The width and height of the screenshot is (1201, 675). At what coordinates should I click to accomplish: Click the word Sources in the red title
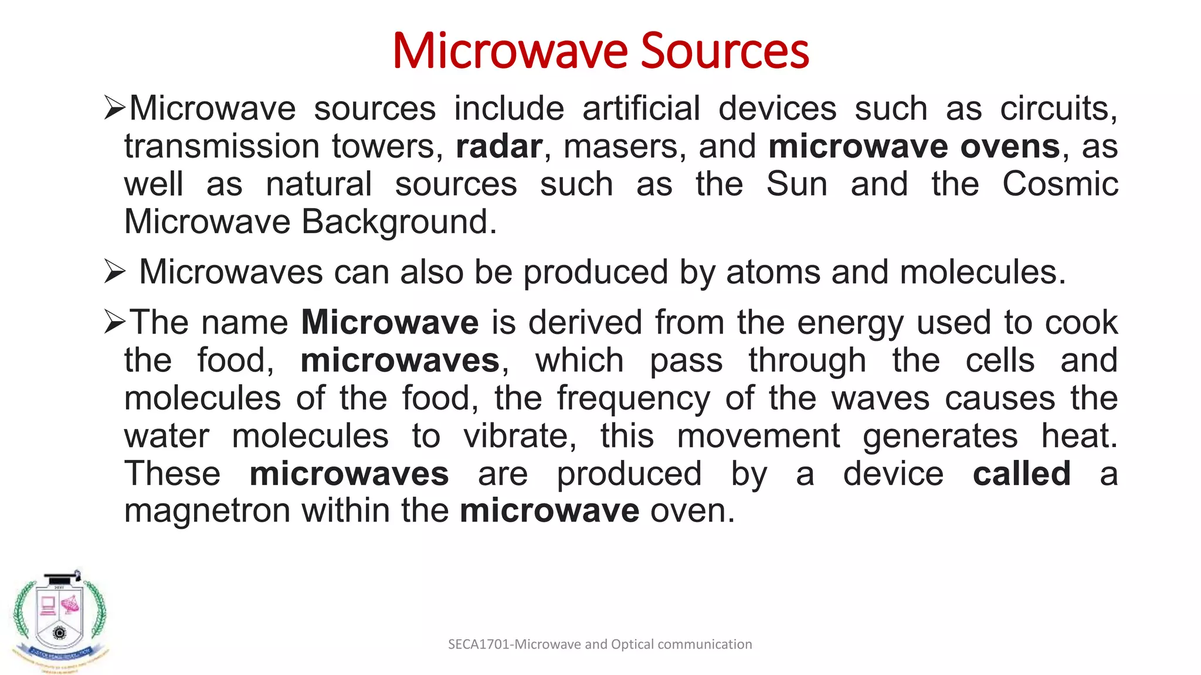[725, 52]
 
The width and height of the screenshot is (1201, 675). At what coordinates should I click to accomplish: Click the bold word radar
[499, 146]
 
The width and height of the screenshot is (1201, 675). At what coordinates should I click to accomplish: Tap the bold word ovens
[1010, 146]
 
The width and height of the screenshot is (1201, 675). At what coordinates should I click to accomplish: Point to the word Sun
[797, 184]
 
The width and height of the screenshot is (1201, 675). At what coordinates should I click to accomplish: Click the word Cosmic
[1060, 184]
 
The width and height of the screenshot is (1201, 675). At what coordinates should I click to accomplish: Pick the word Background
[399, 223]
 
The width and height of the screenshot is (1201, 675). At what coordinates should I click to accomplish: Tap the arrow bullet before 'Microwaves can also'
[114, 272]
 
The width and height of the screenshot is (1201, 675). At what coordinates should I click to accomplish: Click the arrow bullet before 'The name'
[114, 322]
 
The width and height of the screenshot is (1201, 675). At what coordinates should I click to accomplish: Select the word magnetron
[208, 511]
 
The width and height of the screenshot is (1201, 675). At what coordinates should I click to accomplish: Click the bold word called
[1022, 473]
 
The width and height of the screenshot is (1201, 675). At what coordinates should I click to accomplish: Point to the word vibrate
[520, 436]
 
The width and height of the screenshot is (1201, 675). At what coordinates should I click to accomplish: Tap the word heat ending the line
[1078, 436]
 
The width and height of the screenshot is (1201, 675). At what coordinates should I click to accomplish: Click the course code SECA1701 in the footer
[479, 645]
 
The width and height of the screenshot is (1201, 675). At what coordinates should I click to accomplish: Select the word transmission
[222, 146]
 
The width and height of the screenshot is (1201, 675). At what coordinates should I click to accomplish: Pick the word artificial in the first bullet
[641, 109]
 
